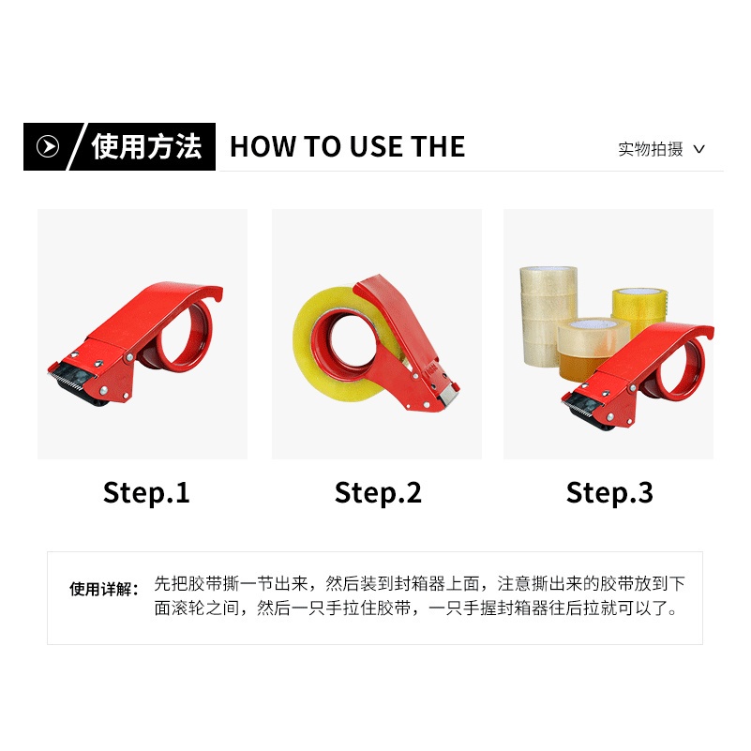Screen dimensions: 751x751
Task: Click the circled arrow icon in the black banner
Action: point(48,146)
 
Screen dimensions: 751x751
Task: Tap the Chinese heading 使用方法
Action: point(146,146)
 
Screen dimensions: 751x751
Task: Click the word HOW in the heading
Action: point(263,146)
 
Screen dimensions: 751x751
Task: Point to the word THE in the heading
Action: point(438,146)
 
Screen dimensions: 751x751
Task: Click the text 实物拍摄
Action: point(650,149)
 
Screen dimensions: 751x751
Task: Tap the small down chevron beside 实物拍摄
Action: point(698,149)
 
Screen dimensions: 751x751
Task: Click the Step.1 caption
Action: point(146,493)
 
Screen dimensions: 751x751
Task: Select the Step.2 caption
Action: point(378,493)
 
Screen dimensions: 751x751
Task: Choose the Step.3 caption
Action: point(609,493)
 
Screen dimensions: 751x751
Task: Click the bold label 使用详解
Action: point(104,589)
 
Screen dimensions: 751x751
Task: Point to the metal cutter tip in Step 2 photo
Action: point(449,396)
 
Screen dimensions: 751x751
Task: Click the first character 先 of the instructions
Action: point(162,583)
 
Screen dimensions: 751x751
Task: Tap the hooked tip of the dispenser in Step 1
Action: point(218,294)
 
